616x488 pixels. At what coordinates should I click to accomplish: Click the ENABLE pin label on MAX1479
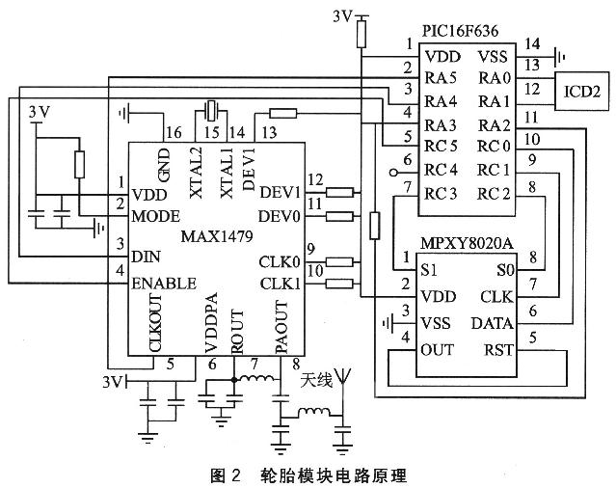[164, 284]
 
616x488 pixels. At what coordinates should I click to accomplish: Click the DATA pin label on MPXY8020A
[493, 323]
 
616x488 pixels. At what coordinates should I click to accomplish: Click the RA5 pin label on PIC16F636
[441, 77]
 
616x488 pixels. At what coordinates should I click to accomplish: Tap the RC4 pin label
[441, 170]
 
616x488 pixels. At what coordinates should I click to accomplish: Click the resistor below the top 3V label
[362, 34]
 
